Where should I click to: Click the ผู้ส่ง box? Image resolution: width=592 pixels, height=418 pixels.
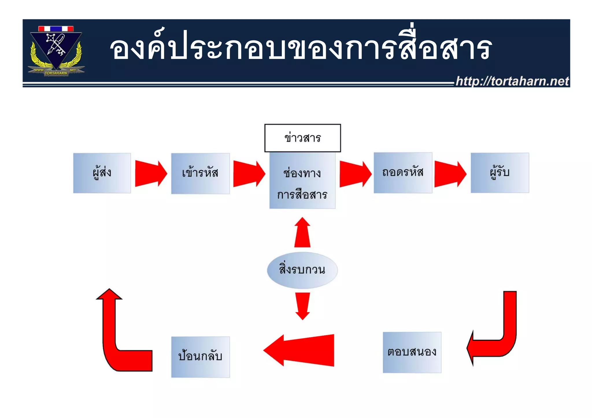pyautogui.click(x=102, y=173)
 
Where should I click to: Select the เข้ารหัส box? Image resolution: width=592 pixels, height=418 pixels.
pyautogui.click(x=200, y=173)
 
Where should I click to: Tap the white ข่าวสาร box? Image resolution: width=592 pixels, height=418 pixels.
pyautogui.click(x=302, y=138)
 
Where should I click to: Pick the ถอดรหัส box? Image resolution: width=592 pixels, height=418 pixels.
pyautogui.click(x=403, y=173)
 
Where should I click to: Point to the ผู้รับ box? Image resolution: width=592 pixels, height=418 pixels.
pyautogui.click(x=500, y=173)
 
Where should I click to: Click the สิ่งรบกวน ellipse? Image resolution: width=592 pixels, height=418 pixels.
pyautogui.click(x=302, y=270)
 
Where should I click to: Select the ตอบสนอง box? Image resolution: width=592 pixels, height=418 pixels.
pyautogui.click(x=412, y=352)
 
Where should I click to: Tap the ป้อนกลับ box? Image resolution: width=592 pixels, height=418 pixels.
pyautogui.click(x=200, y=357)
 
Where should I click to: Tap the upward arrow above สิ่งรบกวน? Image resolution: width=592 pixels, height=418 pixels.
pyautogui.click(x=302, y=234)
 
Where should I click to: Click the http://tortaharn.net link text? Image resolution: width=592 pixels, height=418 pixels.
pyautogui.click(x=512, y=81)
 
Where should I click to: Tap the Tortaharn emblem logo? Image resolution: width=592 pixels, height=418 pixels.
pyautogui.click(x=56, y=51)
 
